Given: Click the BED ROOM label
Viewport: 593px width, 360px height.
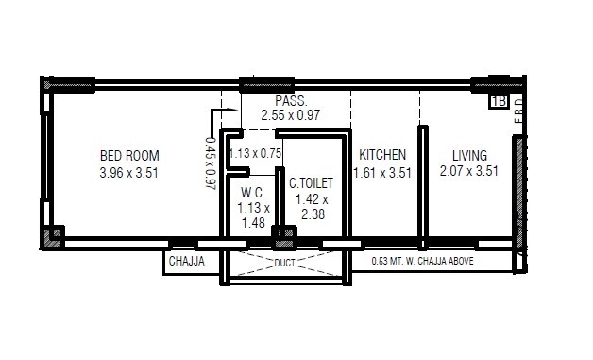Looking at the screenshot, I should [129, 156].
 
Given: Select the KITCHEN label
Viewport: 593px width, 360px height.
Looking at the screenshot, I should [381, 155].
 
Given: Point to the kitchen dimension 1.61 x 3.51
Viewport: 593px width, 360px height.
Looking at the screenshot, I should [381, 172].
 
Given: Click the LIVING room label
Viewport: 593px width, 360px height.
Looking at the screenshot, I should [468, 155].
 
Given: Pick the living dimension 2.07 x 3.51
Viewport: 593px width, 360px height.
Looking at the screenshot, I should [468, 172].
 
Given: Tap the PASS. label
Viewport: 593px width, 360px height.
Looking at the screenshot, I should [288, 101].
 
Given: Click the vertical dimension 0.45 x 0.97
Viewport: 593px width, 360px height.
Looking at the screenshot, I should [210, 164].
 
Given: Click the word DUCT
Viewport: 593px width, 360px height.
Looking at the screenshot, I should [285, 264].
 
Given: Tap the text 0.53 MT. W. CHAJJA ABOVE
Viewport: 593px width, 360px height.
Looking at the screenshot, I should [423, 261].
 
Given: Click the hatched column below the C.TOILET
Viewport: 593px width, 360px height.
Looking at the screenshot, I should [282, 233].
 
